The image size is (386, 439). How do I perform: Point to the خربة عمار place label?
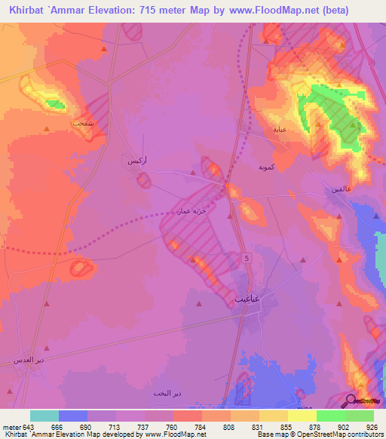191,213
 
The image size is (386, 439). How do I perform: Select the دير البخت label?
166,394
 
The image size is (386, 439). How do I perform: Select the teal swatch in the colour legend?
44,416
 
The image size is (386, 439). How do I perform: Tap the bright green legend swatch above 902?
330,416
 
